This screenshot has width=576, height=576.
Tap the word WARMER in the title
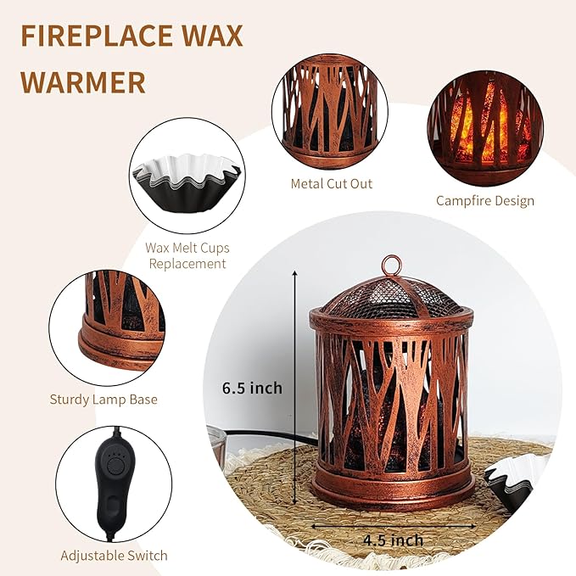click(82, 82)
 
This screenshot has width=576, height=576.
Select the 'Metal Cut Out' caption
click(331, 183)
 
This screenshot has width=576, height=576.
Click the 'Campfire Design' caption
click(485, 201)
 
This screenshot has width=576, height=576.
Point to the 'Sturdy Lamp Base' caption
click(103, 399)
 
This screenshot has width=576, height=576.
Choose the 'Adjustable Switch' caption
click(114, 556)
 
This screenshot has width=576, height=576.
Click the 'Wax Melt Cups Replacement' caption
click(187, 255)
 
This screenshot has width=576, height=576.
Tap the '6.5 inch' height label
click(252, 388)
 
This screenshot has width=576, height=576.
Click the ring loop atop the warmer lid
click(391, 266)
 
